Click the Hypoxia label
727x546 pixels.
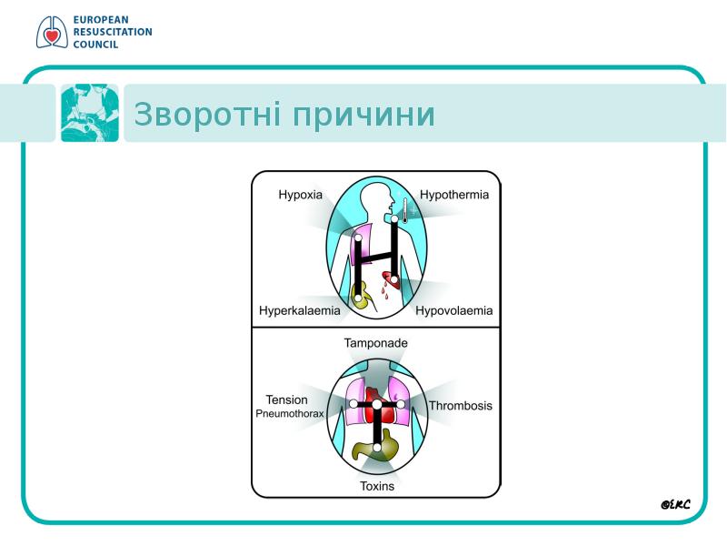tap(300, 195)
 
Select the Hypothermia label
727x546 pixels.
tap(453, 195)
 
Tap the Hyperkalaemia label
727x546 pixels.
tap(300, 310)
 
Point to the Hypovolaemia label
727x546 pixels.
tap(453, 310)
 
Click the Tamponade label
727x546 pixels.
tap(375, 343)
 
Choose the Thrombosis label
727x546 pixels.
tap(461, 406)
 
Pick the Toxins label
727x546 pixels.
tap(377, 486)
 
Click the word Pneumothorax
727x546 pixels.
tap(289, 414)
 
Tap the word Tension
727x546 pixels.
tap(286, 399)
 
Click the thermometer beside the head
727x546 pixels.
tap(404, 210)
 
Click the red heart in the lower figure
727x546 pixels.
tap(376, 405)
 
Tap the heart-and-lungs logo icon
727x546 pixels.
tap(52, 32)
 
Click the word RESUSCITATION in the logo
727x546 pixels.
tap(113, 32)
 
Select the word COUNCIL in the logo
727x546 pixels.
tap(95, 45)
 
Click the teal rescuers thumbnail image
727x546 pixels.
tap(90, 113)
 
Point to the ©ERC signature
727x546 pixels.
tap(675, 504)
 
